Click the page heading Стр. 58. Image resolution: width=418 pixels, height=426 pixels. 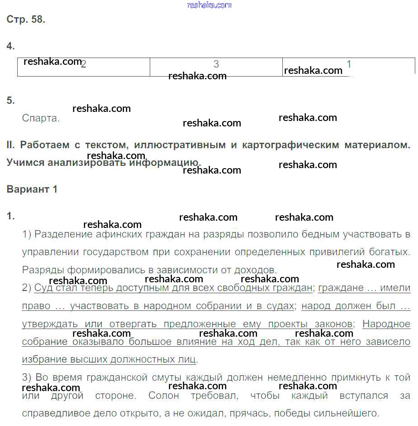coord(26,19)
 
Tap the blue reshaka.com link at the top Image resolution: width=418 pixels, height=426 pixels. coord(209,5)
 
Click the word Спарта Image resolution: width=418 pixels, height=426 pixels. coord(41,118)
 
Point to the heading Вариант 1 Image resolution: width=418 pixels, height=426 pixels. coord(32,189)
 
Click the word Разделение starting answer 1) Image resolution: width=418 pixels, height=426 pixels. coord(63,234)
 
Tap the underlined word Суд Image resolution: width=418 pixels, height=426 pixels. coord(43,288)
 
